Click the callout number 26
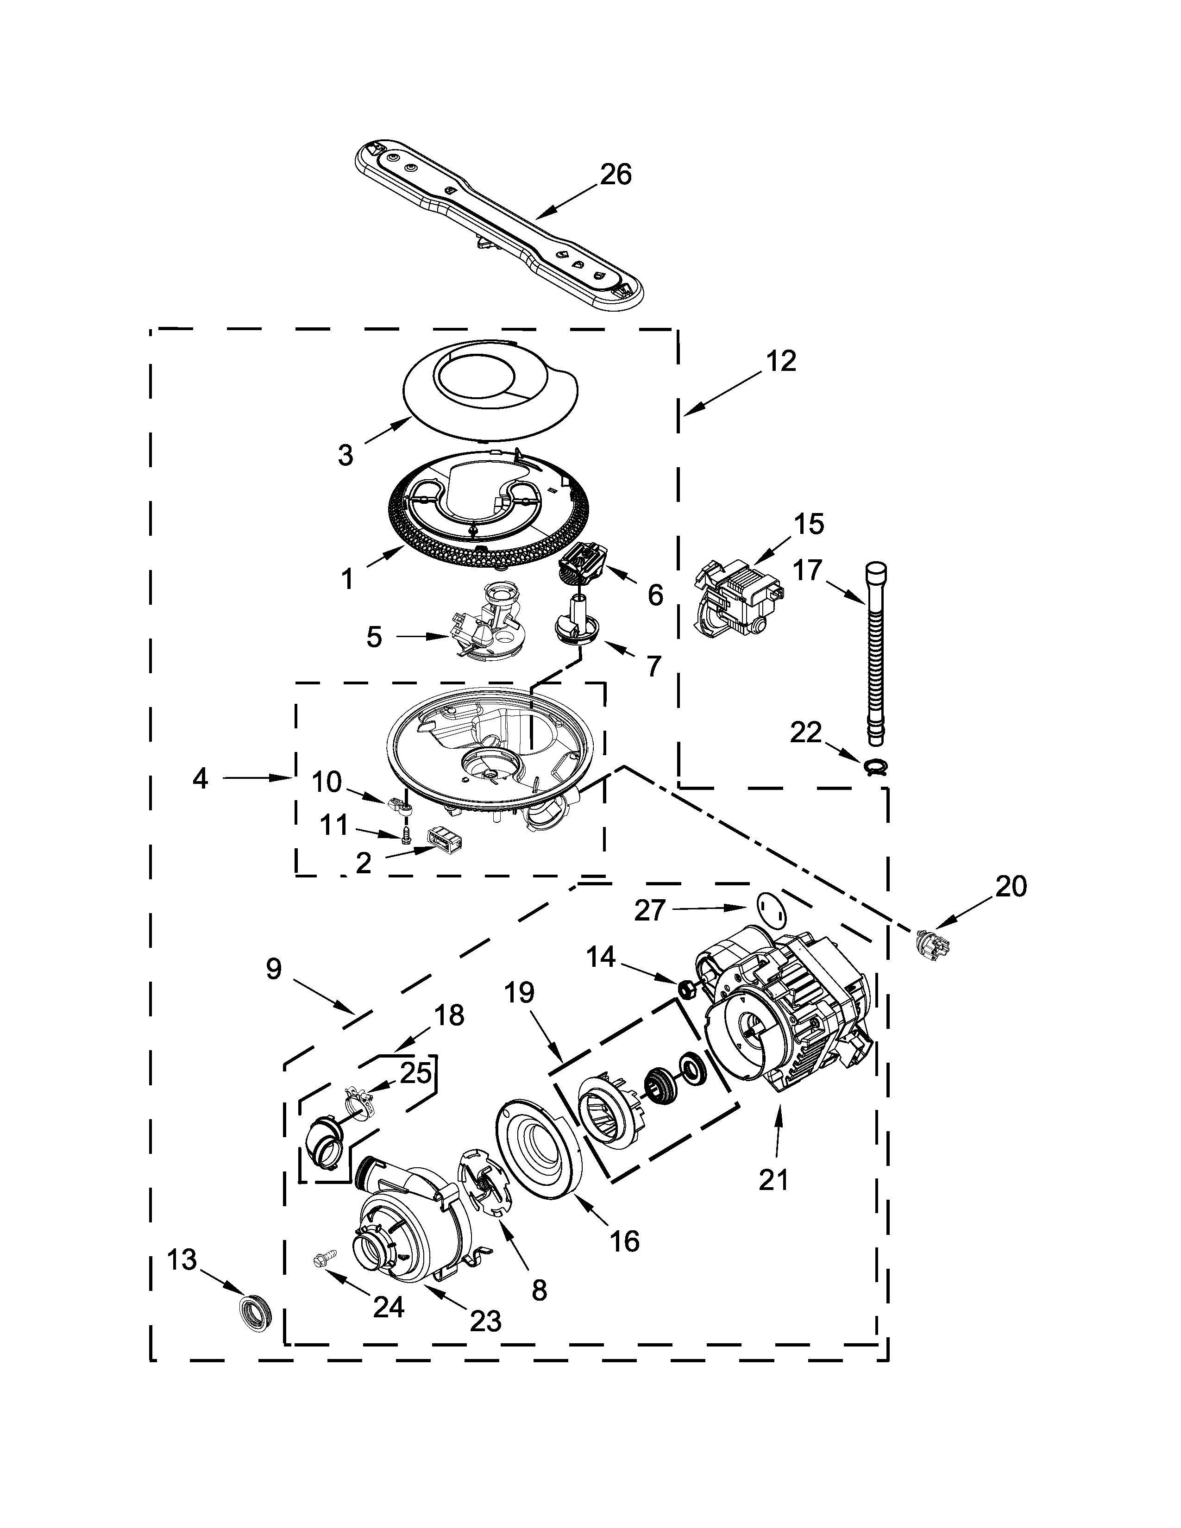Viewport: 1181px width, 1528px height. pyautogui.click(x=616, y=174)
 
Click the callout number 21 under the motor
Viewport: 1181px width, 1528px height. pyautogui.click(x=774, y=1180)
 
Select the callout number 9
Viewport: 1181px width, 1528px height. pyautogui.click(x=274, y=970)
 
